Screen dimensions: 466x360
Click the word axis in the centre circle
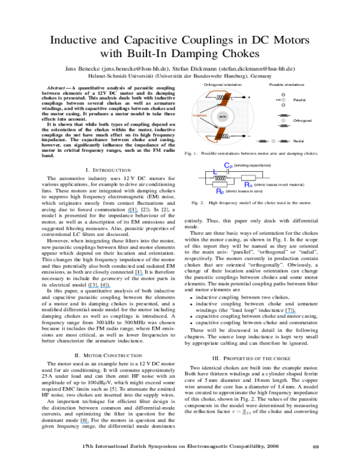pos(223,116)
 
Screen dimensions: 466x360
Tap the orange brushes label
pos(200,115)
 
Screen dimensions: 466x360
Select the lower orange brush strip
pos(220,134)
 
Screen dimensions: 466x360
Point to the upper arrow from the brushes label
pos(210,108)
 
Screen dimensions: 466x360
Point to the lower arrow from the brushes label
pos(209,122)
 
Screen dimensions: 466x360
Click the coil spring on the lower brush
pos(219,136)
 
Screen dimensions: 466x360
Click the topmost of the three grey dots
pos(283,100)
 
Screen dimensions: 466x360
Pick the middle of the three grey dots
pos(283,120)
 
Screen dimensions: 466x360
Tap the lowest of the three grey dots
pos(273,141)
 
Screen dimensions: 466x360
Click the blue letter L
pos(215,172)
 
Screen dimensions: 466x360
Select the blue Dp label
pos(229,166)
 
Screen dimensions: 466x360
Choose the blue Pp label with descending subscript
pos(220,192)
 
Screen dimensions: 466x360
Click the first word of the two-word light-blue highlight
pos(93,288)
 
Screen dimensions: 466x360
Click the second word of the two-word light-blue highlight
pos(106,288)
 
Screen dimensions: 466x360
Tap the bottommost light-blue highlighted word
pos(85,423)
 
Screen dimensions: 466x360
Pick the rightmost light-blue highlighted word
pos(290,313)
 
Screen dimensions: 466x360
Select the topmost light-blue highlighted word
pos(133,213)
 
